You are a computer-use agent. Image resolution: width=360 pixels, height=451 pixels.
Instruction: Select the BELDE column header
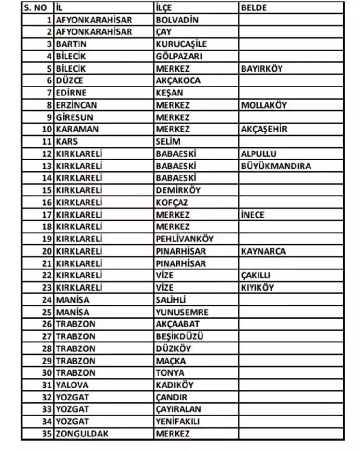[254, 8]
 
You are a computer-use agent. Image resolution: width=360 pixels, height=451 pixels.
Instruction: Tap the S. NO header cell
[36, 8]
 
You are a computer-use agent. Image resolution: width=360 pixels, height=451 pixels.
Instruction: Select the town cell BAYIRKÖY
[262, 69]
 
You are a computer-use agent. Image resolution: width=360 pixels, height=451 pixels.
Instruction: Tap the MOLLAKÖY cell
[264, 105]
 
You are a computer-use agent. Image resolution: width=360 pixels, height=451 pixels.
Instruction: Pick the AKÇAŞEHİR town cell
[264, 130]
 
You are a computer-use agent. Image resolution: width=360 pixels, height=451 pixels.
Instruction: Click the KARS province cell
[66, 142]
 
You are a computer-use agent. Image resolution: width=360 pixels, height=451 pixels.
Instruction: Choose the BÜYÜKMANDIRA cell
[276, 166]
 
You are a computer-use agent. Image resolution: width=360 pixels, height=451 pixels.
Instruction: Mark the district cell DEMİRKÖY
[178, 190]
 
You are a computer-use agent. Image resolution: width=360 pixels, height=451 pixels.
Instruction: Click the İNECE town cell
[253, 215]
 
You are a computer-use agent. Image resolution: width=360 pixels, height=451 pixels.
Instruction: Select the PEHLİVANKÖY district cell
[184, 239]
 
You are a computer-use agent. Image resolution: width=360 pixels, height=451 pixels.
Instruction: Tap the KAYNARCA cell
[263, 251]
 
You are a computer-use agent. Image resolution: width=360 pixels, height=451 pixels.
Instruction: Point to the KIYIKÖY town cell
[258, 288]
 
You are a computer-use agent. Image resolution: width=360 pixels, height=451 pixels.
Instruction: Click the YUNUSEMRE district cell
[182, 312]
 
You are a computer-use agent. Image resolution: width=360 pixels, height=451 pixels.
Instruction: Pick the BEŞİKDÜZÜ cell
[180, 336]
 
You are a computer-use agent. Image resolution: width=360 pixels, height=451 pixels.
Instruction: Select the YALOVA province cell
[72, 385]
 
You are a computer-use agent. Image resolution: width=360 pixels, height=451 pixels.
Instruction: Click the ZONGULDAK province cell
[82, 434]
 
